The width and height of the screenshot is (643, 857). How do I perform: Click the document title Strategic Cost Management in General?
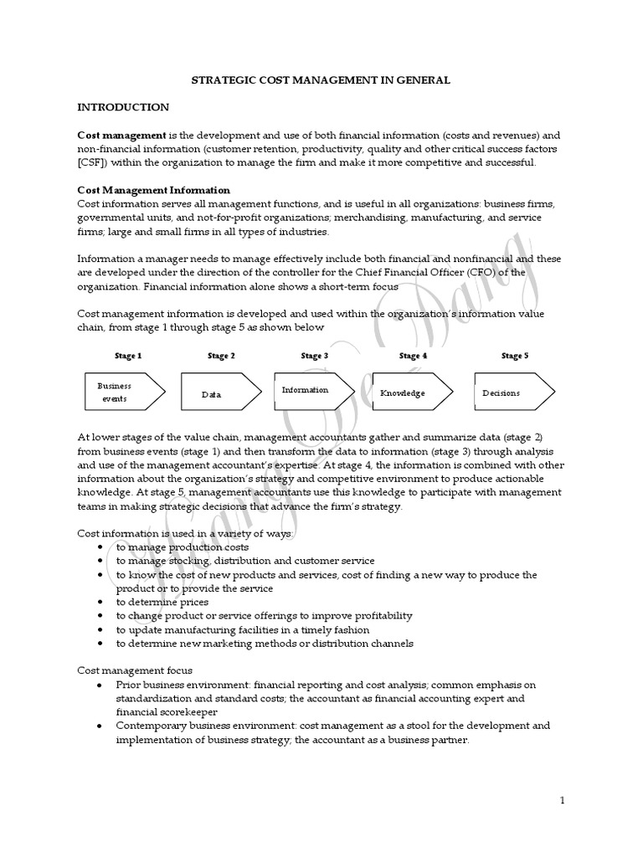coord(321,80)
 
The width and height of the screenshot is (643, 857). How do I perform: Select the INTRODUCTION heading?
coord(123,107)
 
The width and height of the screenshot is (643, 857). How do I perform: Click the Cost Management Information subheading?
coord(153,190)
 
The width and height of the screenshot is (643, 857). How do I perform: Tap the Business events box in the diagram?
coord(124,392)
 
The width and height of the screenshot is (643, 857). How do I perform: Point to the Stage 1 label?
coord(128,356)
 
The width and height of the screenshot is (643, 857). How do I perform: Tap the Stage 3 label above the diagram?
coord(314,356)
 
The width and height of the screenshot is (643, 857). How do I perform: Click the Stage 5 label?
coord(514,356)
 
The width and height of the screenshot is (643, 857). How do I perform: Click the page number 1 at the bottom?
coord(563,801)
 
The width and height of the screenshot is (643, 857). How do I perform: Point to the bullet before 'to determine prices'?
coord(100,602)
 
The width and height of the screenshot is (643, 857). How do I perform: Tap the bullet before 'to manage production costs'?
coord(100,547)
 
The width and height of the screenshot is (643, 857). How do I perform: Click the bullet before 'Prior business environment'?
coord(100,685)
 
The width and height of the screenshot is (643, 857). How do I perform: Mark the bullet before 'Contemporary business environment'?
coord(100,726)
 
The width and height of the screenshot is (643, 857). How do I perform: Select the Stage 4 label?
coord(414,356)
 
